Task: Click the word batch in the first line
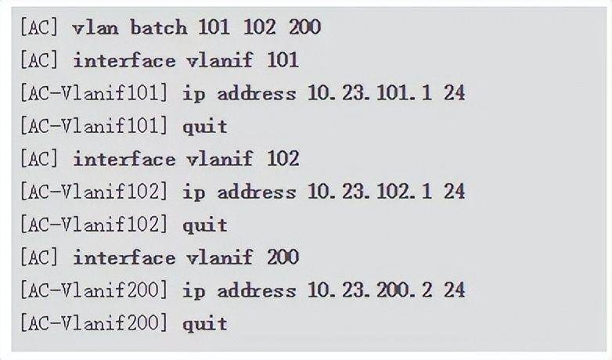click(x=158, y=27)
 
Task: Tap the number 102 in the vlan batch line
click(x=260, y=27)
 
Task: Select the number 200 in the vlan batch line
click(x=305, y=27)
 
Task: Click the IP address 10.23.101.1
click(x=370, y=93)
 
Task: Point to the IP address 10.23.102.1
click(x=370, y=192)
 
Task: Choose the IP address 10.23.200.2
click(x=370, y=290)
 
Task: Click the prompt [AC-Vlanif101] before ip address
click(x=94, y=93)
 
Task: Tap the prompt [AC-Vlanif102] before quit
click(x=94, y=225)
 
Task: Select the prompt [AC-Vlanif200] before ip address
click(x=94, y=290)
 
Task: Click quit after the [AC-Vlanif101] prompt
click(x=205, y=127)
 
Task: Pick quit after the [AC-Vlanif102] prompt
click(x=205, y=225)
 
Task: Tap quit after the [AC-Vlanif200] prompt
click(x=205, y=324)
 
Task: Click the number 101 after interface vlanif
click(x=283, y=60)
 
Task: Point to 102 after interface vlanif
click(x=283, y=159)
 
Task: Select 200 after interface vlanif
click(x=283, y=257)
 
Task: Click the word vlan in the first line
click(x=95, y=27)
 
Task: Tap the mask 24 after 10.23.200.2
click(x=455, y=290)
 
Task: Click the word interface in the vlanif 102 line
click(x=124, y=159)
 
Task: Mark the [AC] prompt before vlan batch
click(x=38, y=27)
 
